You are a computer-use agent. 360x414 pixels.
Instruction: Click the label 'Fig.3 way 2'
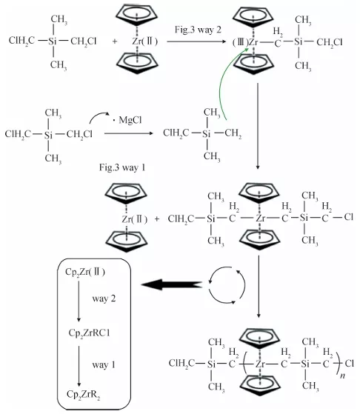click(198, 30)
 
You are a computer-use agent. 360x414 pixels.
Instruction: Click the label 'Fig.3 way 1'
click(122, 167)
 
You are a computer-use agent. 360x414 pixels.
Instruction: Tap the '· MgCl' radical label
click(127, 120)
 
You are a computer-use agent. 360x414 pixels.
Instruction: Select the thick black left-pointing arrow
click(172, 284)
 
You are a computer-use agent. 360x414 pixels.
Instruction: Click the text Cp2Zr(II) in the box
click(85, 272)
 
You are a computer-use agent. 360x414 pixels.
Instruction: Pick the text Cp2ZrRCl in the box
click(89, 333)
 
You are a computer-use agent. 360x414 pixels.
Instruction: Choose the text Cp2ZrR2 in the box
click(84, 395)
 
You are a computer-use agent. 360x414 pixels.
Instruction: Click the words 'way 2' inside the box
click(104, 298)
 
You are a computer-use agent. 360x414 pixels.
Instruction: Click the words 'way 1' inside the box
click(104, 365)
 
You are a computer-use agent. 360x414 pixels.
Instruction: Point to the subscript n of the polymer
click(342, 375)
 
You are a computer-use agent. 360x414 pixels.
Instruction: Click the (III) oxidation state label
click(240, 42)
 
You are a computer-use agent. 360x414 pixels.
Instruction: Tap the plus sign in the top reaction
click(115, 41)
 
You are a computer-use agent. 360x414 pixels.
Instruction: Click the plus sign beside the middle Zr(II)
click(157, 219)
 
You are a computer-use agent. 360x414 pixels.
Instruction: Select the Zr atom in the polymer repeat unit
click(260, 364)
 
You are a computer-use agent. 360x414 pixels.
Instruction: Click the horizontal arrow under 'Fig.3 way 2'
click(196, 41)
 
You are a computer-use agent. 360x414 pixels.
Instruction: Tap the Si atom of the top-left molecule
click(53, 41)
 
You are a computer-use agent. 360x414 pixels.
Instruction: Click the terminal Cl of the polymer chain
click(350, 364)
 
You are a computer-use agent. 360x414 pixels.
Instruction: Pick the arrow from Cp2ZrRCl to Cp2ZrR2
click(79, 366)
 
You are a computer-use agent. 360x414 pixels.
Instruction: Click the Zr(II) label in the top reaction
click(145, 41)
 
